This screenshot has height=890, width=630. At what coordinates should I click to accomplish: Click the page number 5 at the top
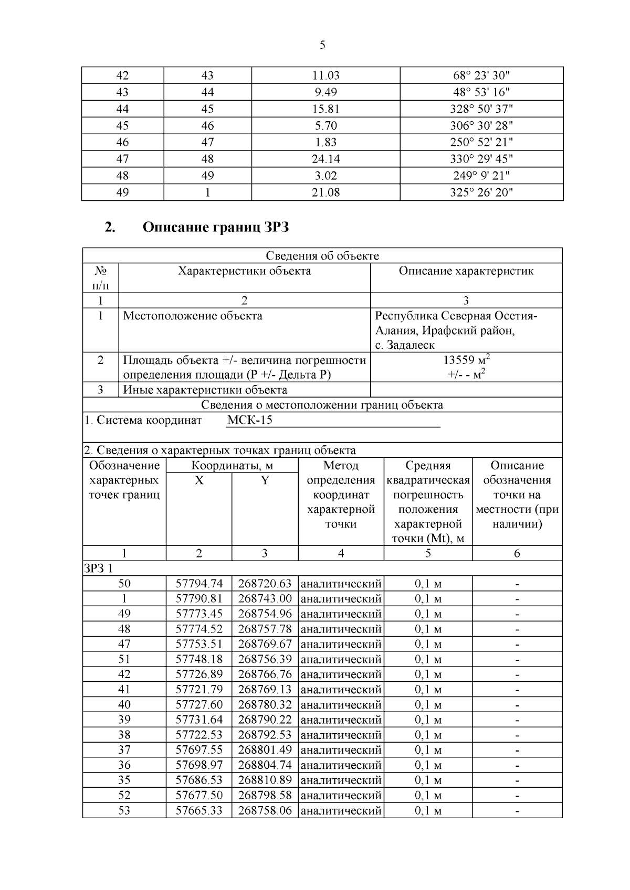click(322, 46)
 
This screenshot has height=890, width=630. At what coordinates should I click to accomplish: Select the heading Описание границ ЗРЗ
click(216, 228)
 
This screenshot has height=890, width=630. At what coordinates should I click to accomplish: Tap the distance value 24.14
click(325, 159)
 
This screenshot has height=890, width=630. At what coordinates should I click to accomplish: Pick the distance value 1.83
click(325, 142)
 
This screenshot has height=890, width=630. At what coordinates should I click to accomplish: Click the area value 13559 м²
click(466, 360)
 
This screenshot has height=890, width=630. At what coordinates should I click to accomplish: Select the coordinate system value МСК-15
click(250, 421)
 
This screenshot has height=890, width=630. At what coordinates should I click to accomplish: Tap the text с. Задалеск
click(405, 345)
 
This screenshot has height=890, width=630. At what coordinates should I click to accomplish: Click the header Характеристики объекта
click(244, 271)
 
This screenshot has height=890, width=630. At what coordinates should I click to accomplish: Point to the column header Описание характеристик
click(466, 271)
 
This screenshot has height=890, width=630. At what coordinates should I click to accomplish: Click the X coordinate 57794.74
click(199, 584)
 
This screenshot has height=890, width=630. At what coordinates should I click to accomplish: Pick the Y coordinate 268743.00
click(265, 599)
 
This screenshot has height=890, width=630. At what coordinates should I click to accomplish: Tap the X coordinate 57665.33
click(199, 810)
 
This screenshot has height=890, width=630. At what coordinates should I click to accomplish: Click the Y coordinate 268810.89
click(265, 780)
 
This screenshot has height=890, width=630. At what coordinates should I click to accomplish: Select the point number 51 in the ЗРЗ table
click(124, 659)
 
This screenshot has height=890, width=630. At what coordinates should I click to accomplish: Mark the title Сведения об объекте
click(322, 256)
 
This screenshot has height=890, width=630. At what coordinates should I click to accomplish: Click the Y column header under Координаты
click(265, 480)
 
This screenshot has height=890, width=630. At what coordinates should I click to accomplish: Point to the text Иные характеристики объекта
click(205, 390)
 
